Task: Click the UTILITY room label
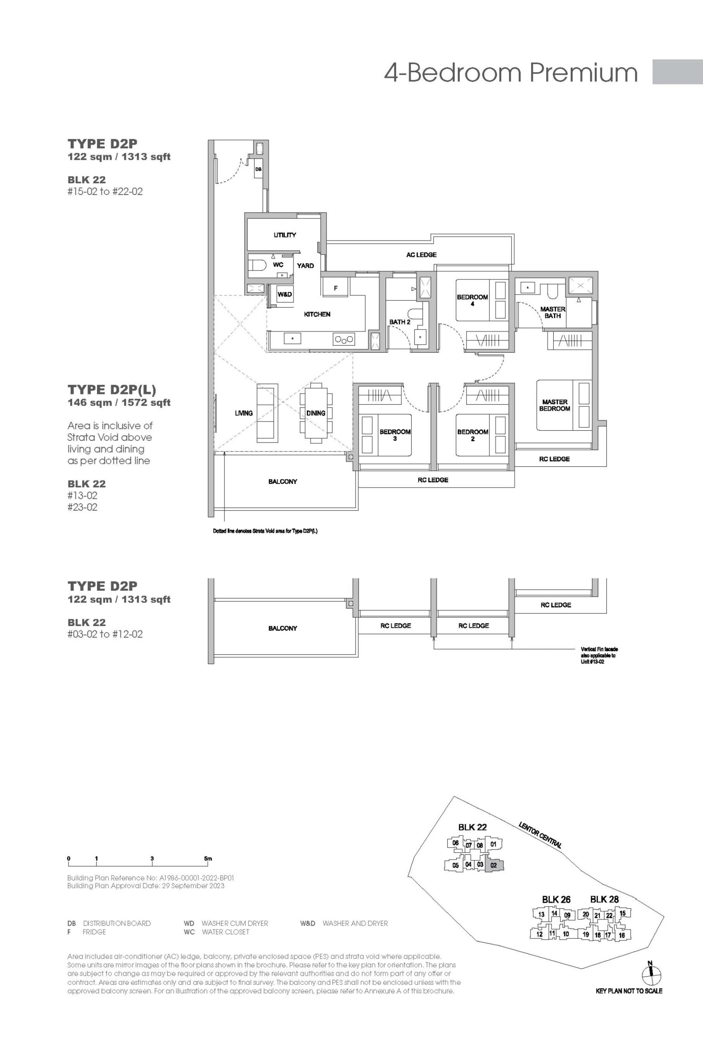285,235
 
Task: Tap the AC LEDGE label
421,255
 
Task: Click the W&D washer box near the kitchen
285,294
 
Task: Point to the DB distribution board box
258,169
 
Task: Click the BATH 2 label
399,322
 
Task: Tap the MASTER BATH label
553,312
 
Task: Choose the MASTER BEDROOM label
555,405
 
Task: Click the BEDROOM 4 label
472,300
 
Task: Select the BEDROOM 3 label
395,435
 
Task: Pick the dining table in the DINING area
316,413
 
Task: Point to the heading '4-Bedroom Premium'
511,72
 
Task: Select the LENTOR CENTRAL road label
540,834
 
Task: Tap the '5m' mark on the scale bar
208,858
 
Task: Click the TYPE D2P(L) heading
112,390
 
